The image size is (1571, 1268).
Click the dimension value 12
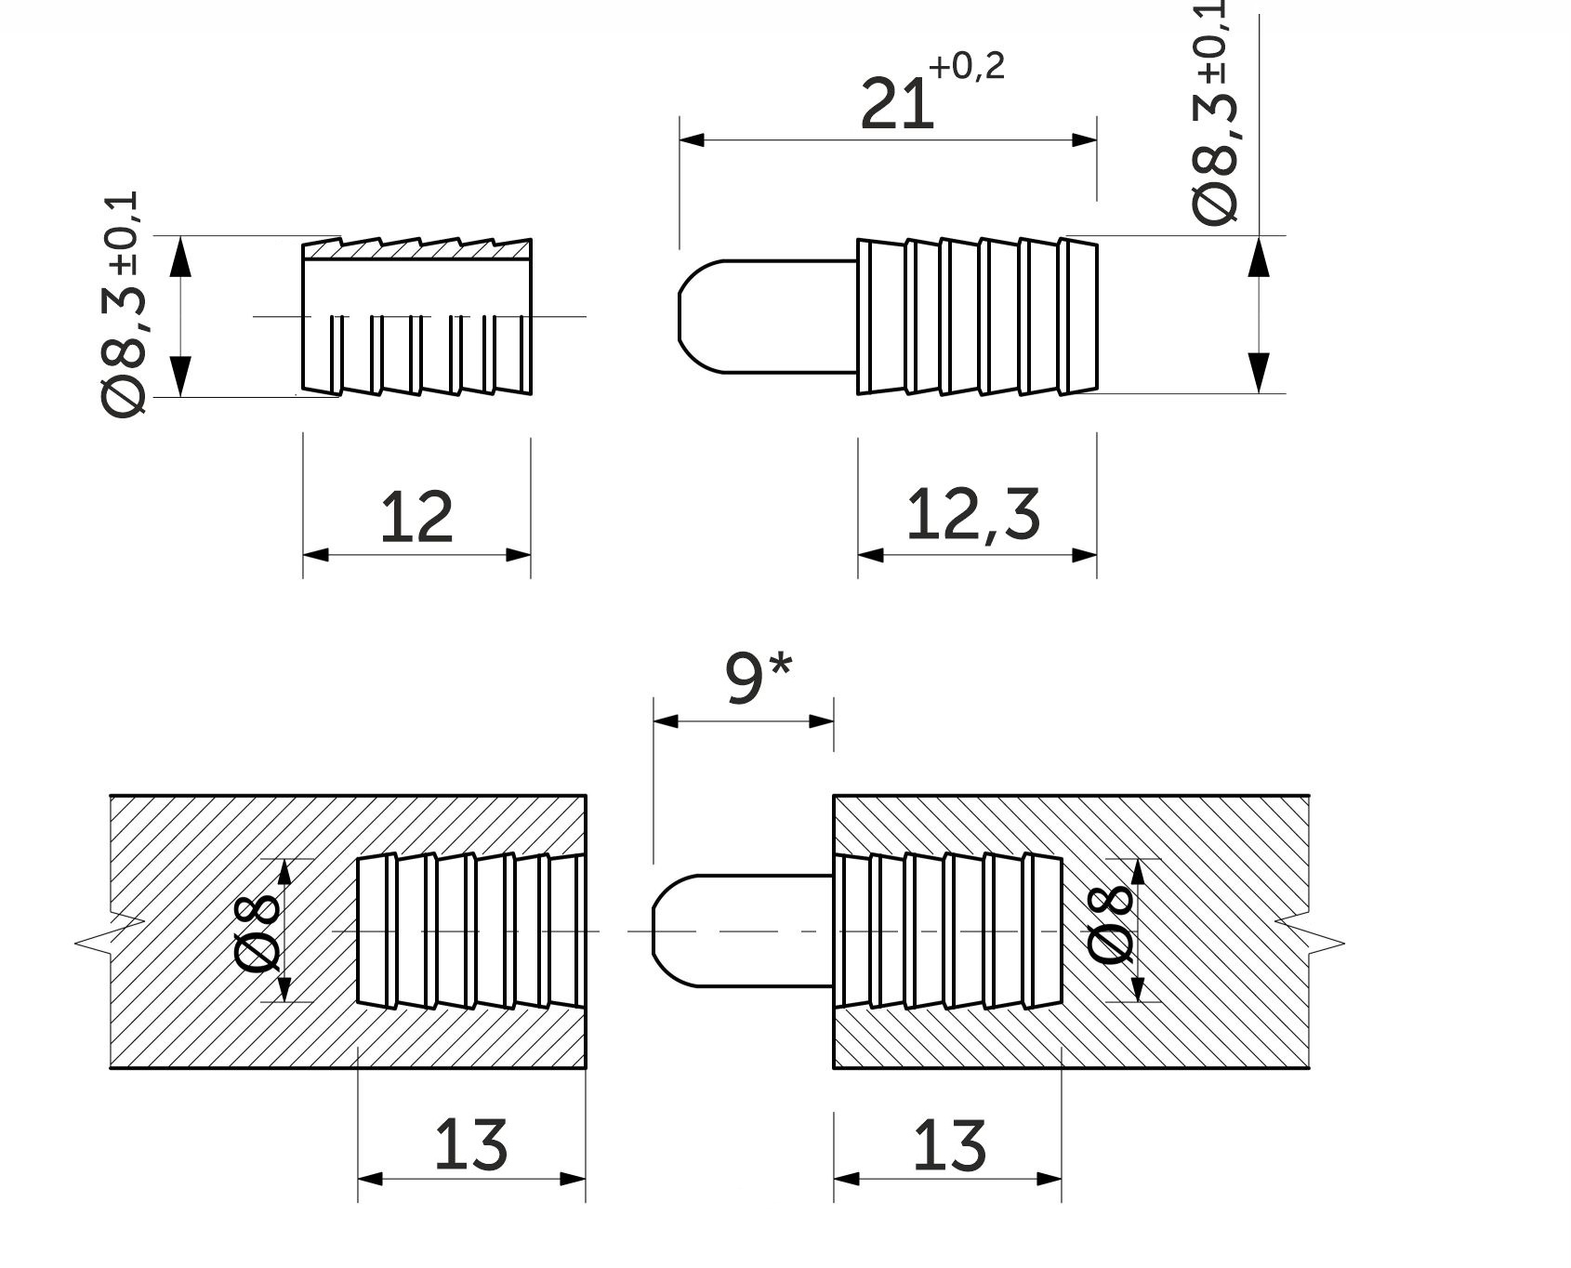click(416, 517)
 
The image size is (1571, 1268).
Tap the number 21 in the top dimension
click(896, 104)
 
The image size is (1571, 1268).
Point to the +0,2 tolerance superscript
click(967, 67)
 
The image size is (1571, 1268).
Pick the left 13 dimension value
click(470, 1144)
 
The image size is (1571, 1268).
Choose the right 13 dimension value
click(949, 1144)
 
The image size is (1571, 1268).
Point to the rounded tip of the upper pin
click(684, 316)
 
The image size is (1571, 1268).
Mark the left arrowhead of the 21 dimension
click(692, 140)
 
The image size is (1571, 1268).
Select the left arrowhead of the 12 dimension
click(316, 555)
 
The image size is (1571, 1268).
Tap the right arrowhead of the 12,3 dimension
click(1085, 555)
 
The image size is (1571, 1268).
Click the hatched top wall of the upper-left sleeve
click(417, 249)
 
